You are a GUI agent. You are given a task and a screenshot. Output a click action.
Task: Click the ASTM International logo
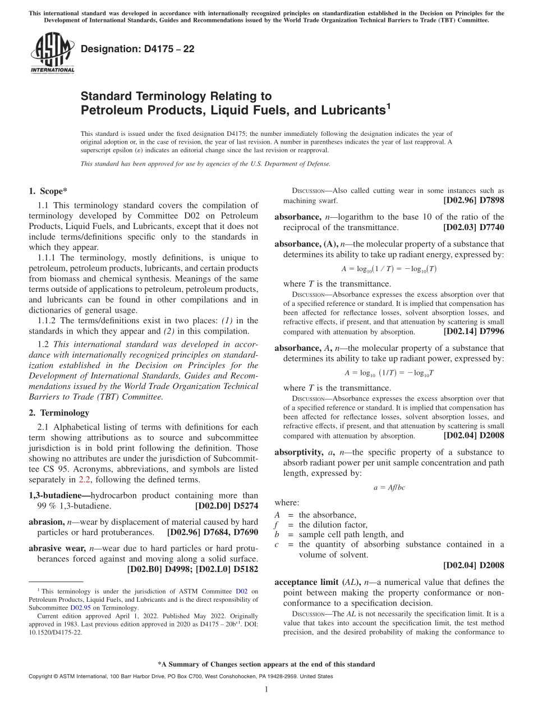pos(52,53)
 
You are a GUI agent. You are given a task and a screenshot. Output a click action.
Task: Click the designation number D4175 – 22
pos(137,49)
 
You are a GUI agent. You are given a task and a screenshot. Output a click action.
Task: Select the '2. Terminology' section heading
pos(59,413)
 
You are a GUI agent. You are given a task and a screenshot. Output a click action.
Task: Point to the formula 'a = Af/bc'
pos(389,487)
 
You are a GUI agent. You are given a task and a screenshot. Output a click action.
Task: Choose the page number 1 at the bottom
pos(267,690)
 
